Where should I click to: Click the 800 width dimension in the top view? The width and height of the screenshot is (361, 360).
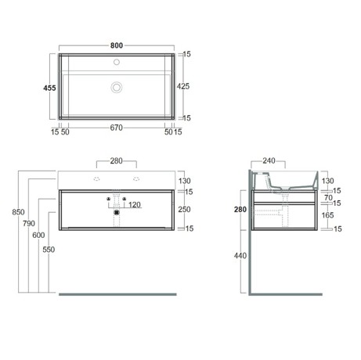[x=117, y=45]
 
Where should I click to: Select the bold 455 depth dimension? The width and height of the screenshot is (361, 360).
[x=49, y=88]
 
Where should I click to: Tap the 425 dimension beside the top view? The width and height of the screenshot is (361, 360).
[x=183, y=86]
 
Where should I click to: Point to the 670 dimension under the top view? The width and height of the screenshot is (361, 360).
[x=116, y=128]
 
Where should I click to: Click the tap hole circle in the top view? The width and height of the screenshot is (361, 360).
[x=117, y=62]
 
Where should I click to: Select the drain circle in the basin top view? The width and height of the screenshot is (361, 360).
[x=117, y=87]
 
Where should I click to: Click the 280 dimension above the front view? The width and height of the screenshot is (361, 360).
[x=116, y=161]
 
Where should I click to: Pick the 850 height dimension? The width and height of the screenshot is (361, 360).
[x=18, y=212]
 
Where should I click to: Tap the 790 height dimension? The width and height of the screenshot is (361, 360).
[x=29, y=224]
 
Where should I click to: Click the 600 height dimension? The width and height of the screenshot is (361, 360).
[x=38, y=236]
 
